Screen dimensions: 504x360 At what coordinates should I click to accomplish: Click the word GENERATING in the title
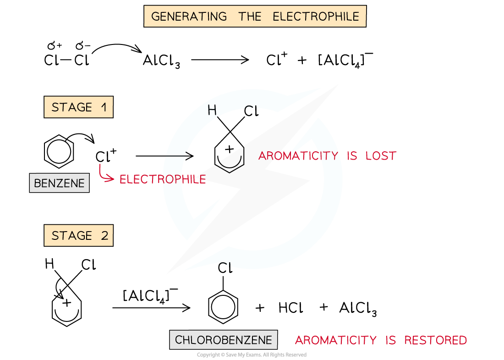pyautogui.click(x=189, y=17)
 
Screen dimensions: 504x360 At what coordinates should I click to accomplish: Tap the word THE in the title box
pyautogui.click(x=250, y=17)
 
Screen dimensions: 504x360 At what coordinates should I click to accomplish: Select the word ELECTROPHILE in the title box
pyautogui.click(x=316, y=17)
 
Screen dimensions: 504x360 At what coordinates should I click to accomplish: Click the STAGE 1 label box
pyautogui.click(x=78, y=107)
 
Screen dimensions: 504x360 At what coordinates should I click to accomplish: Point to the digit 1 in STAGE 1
pyautogui.click(x=104, y=107)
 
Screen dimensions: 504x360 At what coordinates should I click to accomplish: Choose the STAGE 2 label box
pyautogui.click(x=78, y=236)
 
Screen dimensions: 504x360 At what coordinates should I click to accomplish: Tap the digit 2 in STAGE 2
pyautogui.click(x=104, y=236)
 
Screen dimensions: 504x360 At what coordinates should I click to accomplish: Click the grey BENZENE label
pyautogui.click(x=59, y=183)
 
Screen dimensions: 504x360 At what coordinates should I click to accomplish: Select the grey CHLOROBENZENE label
pyautogui.click(x=223, y=340)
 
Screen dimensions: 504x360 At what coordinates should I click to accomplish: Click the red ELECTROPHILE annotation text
pyautogui.click(x=163, y=179)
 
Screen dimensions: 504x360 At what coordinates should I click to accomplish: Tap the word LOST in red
pyautogui.click(x=381, y=156)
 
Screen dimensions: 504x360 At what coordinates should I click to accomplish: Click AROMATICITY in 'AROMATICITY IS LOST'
pyautogui.click(x=298, y=156)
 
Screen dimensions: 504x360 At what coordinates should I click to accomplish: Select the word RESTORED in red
pyautogui.click(x=435, y=340)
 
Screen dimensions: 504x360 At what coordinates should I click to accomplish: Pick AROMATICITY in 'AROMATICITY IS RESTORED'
pyautogui.click(x=335, y=340)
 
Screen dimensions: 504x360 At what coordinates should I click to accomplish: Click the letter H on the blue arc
pyautogui.click(x=212, y=110)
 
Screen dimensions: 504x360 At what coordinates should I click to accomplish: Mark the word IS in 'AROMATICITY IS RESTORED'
pyautogui.click(x=391, y=340)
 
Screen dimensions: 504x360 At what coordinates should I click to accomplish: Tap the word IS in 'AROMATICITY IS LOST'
pyautogui.click(x=352, y=156)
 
